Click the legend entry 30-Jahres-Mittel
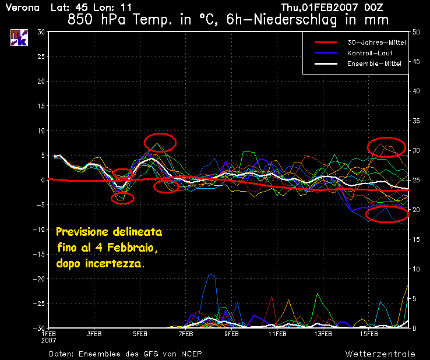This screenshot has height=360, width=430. coord(376,43)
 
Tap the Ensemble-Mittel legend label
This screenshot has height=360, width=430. coord(373,63)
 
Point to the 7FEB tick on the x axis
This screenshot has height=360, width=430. coord(186,334)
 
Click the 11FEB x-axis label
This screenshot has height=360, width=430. coord(277,334)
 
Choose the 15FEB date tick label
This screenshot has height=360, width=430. coord(369,334)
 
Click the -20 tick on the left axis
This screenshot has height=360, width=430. coord(39,279)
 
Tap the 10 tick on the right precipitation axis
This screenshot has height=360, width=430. coord(416,269)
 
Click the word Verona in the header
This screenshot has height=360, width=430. coord(23,8)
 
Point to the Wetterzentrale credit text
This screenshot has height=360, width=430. coord(380,354)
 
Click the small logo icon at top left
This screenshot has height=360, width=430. coord(19,37)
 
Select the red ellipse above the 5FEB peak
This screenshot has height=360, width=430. coord(160,142)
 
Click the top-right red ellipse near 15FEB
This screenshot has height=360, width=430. coord(387,147)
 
